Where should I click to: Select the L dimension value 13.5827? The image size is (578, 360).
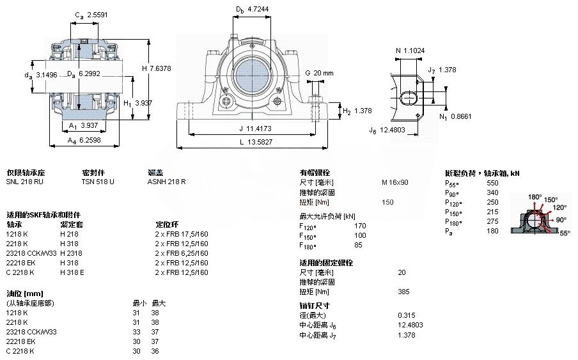pyautogui.click(x=260, y=142)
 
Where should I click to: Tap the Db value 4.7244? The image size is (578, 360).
pyautogui.click(x=258, y=9)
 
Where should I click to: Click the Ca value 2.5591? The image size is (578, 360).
pyautogui.click(x=97, y=15)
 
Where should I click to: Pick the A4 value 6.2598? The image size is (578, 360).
pyautogui.click(x=90, y=140)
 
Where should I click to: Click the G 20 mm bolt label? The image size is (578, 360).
pyautogui.click(x=319, y=73)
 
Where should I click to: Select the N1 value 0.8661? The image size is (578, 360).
pyautogui.click(x=461, y=116)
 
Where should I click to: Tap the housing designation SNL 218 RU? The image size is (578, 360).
pyautogui.click(x=25, y=182)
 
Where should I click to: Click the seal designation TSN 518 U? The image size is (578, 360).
pyautogui.click(x=98, y=182)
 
